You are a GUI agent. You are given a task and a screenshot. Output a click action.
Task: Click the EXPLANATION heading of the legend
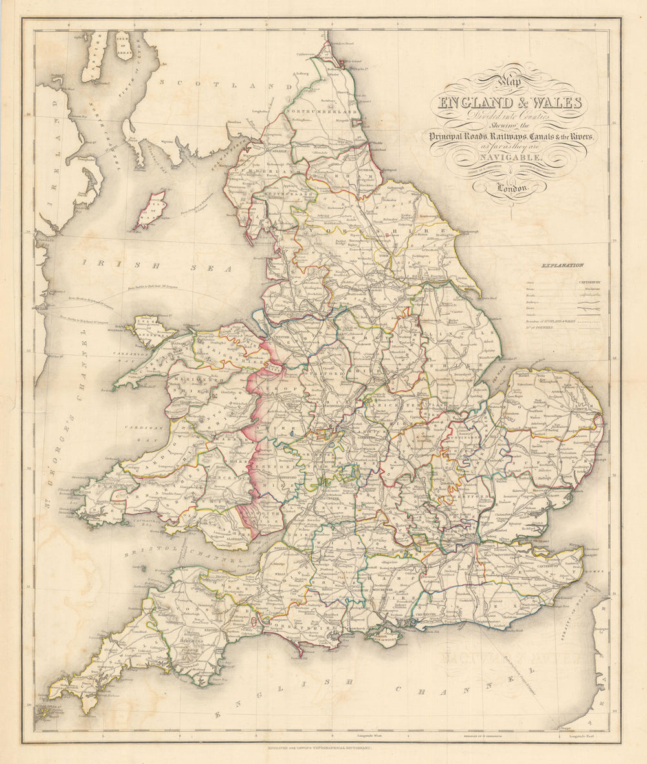click(563, 265)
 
